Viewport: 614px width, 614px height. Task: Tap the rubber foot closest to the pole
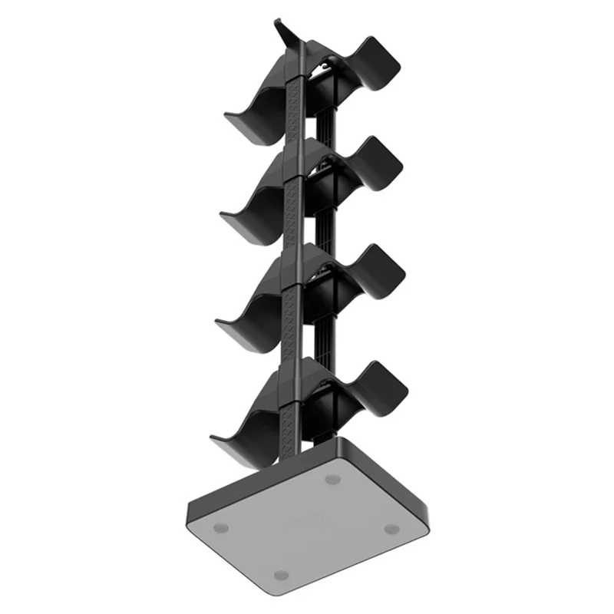pos(332,479)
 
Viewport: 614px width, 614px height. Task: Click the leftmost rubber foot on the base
pos(221,527)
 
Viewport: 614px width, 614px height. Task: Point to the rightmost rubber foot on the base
pos(391,529)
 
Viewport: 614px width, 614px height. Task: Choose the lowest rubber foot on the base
pos(282,575)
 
